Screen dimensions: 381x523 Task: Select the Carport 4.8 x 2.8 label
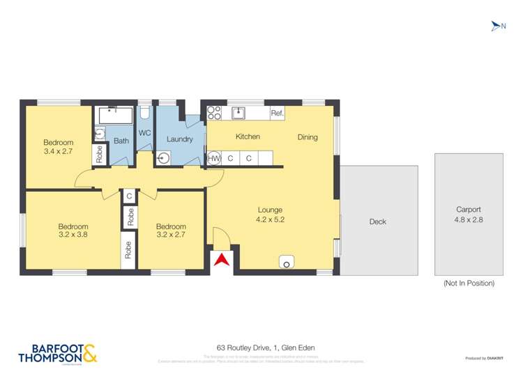pyautogui.click(x=469, y=215)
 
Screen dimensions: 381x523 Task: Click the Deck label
pyautogui.click(x=377, y=221)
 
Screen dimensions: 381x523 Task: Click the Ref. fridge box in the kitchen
pyautogui.click(x=277, y=113)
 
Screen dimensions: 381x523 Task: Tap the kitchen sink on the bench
pyautogui.click(x=238, y=111)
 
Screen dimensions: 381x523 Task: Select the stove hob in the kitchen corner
pyautogui.click(x=213, y=113)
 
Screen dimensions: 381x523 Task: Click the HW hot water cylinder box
pyautogui.click(x=214, y=158)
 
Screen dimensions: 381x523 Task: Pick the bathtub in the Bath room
pyautogui.click(x=114, y=114)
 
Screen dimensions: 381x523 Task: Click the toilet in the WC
pyautogui.click(x=145, y=113)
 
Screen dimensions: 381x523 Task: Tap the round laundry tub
pyautogui.click(x=163, y=158)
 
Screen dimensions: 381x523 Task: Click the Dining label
pyautogui.click(x=308, y=137)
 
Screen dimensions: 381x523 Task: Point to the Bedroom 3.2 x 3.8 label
pyautogui.click(x=73, y=231)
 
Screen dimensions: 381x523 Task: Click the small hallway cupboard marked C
pyautogui.click(x=130, y=196)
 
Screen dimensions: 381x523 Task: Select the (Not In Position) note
pyautogui.click(x=469, y=283)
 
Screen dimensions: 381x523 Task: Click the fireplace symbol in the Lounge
pyautogui.click(x=287, y=262)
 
